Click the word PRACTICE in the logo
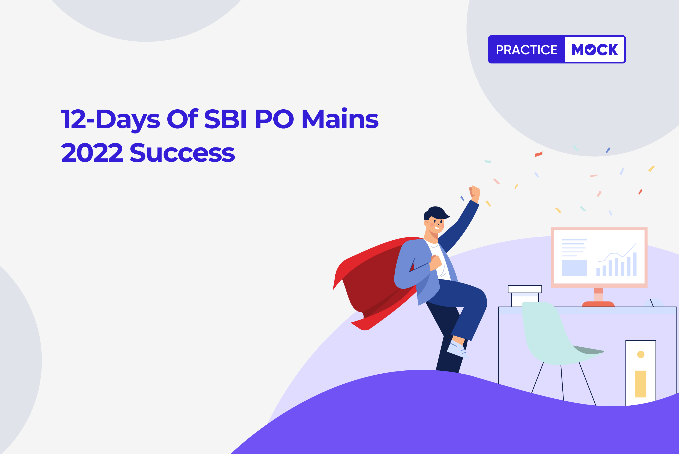526,50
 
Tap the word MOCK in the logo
595,50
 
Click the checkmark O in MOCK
590,50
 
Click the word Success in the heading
182,152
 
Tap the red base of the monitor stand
598,304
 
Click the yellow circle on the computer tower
641,354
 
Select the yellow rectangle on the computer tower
641,384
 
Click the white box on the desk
525,296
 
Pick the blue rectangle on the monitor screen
574,268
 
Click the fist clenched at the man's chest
436,262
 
